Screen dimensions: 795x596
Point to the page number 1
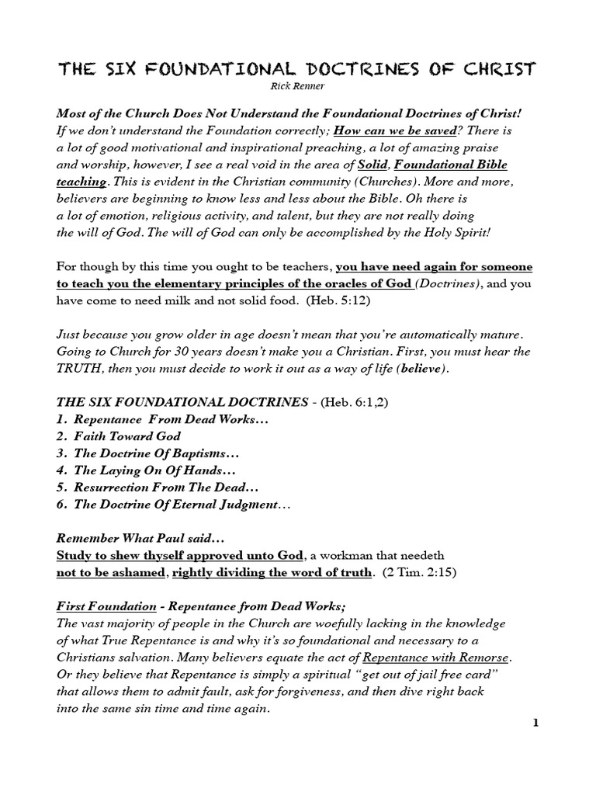(x=535, y=724)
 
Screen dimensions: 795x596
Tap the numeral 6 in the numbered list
(x=61, y=505)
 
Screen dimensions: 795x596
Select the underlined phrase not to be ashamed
(x=110, y=573)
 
